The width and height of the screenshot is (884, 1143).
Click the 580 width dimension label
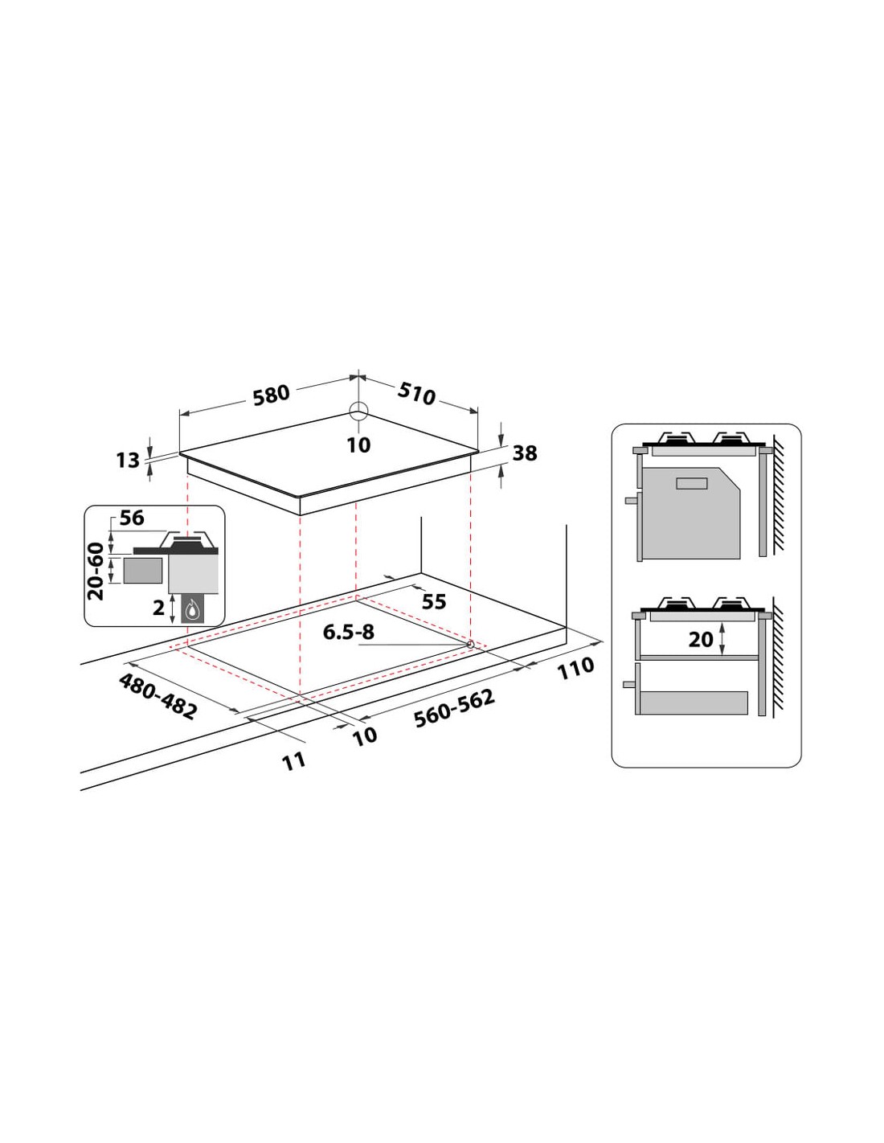pos(272,395)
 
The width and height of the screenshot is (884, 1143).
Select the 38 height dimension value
pos(524,453)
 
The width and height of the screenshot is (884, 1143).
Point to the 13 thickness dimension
pos(128,461)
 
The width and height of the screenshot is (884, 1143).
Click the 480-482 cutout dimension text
pos(158,696)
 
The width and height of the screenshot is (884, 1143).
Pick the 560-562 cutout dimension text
pos(454,708)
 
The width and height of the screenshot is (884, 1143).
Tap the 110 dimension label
pos(575,669)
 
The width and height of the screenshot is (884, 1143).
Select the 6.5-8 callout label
pos(348,632)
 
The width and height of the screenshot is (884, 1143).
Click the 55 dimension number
pos(434,602)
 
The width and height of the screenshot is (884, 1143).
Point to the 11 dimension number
pos(294,761)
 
